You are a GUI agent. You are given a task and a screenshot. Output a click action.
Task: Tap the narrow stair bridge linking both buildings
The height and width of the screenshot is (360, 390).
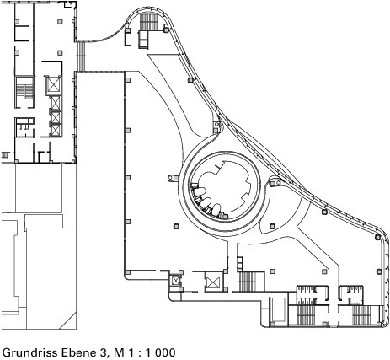click(x=81, y=56)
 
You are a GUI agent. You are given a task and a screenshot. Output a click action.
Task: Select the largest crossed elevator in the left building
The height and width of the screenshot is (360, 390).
click(x=53, y=84)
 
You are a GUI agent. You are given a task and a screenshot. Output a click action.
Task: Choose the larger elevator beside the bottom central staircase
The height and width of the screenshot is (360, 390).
click(x=213, y=282)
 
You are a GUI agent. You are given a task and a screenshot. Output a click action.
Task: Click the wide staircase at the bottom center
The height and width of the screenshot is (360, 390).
click(x=247, y=282)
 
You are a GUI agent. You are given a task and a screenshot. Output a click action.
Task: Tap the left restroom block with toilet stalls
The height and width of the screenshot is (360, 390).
click(x=313, y=295)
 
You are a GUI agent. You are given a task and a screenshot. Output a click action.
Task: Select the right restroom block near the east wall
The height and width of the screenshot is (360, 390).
click(x=351, y=295)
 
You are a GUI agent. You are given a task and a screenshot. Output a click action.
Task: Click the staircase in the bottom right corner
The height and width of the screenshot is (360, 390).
click(x=362, y=315)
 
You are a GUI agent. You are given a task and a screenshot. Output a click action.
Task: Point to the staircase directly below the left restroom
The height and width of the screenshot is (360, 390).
click(x=306, y=315)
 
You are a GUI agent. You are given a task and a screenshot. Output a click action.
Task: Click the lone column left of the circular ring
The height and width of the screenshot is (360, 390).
click(x=176, y=226)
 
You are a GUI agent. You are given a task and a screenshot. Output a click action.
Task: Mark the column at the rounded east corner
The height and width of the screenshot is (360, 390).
click(x=377, y=238)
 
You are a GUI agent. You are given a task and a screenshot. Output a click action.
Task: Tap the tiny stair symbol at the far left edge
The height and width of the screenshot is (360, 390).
click(x=5, y=155)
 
